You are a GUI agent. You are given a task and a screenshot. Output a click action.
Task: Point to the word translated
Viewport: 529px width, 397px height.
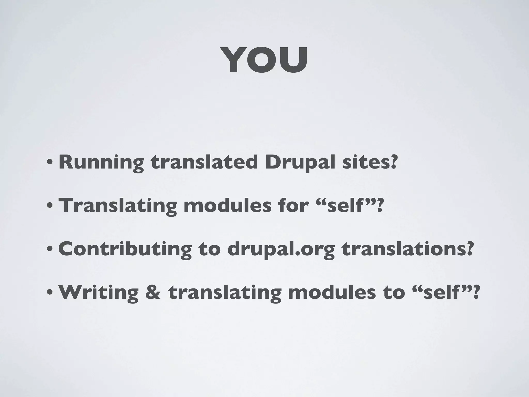[x=204, y=162]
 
